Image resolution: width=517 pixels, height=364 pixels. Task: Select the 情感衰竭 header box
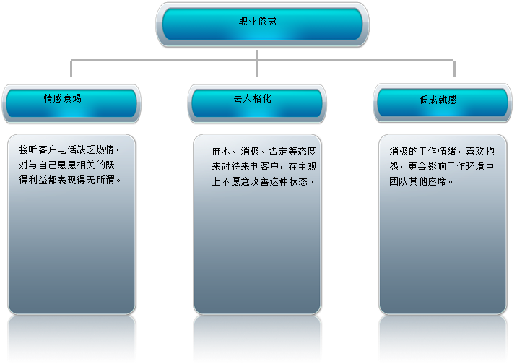(x=71, y=103)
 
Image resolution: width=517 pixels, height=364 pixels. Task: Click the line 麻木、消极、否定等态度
(x=264, y=152)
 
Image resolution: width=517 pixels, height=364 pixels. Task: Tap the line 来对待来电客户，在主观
(x=264, y=167)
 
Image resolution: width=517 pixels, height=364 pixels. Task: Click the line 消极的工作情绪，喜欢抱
(x=442, y=152)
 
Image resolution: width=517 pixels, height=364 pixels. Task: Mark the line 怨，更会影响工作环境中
(x=442, y=167)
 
